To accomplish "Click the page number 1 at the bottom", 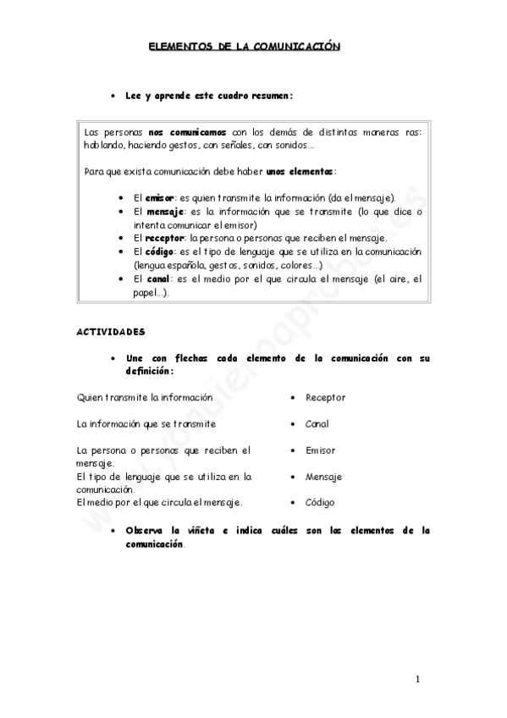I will pos(417,679).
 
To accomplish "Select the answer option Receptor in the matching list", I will pos(325,397).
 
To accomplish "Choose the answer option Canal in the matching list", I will pos(317,423).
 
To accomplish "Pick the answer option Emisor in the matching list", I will pos(320,450).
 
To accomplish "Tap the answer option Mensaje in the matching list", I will pos(323,477).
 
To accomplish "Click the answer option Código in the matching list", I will pos(320,502).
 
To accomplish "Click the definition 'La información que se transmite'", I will pos(146,423).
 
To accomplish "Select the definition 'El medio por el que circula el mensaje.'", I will pos(159,502).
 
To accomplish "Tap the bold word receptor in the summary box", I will pos(164,238).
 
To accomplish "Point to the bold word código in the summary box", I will pos(160,251).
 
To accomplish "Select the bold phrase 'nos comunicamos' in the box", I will pos(187,132).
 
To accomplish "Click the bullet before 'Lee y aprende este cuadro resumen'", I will pos(113,97).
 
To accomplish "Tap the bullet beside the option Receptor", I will pos(292,397).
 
